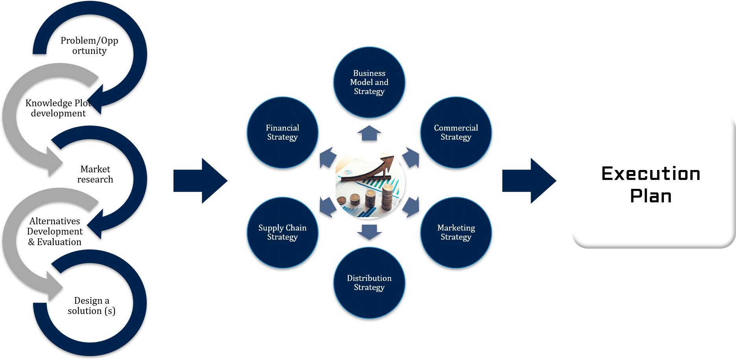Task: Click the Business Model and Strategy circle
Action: [369, 82]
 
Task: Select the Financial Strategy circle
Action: [282, 133]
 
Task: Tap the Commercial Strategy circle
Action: [456, 133]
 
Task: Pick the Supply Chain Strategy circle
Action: [282, 233]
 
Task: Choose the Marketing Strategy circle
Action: [456, 233]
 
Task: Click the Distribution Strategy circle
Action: [369, 282]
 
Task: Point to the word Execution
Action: [651, 174]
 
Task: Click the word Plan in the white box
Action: [651, 196]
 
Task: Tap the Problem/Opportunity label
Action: [89, 46]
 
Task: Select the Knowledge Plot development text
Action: [58, 108]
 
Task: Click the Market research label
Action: [95, 174]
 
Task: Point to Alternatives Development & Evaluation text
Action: [55, 231]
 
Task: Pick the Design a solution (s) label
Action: [91, 306]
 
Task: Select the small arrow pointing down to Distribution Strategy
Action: [369, 232]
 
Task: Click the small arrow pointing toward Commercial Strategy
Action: [411, 158]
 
